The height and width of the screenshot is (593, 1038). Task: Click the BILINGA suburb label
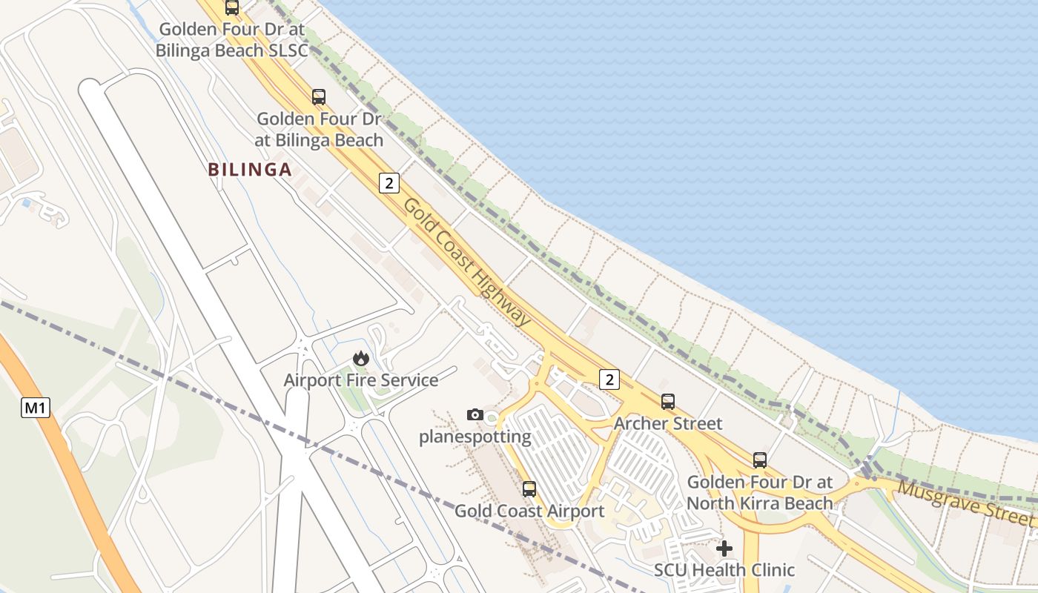[x=250, y=170]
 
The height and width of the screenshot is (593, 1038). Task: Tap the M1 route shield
[x=36, y=407]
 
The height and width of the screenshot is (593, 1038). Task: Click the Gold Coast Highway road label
[x=467, y=261]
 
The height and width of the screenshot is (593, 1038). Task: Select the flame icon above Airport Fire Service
[x=361, y=359]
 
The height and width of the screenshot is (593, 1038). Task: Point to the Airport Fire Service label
[x=361, y=380]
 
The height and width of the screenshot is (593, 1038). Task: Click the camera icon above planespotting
[x=475, y=414]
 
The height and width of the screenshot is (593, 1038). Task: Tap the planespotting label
[x=475, y=437]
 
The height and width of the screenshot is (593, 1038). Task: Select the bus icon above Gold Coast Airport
[x=529, y=489]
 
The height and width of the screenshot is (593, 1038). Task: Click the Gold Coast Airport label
[x=529, y=511]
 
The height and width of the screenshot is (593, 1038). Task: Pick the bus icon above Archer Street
[x=668, y=402]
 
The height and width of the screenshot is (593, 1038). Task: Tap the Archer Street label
[x=668, y=423]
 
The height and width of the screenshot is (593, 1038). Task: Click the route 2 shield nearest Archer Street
[x=609, y=380]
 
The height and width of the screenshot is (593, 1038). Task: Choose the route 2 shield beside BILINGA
[x=389, y=182]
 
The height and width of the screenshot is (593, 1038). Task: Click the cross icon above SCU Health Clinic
[x=724, y=549]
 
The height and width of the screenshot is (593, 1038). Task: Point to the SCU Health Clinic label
[x=724, y=570]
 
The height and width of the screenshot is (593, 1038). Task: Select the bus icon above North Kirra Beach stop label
[x=760, y=460]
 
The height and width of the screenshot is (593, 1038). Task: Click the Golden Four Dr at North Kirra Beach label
[x=760, y=492]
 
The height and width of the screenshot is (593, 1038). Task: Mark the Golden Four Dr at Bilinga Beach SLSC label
[x=231, y=40]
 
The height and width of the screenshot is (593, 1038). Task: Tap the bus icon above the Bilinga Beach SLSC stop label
[x=232, y=8]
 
